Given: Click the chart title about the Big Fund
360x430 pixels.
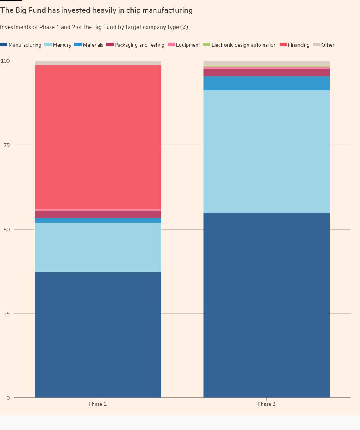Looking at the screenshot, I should [x=96, y=11].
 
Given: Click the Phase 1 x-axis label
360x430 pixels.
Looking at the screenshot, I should [x=98, y=404].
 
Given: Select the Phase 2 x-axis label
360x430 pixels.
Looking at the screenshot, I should [x=266, y=404].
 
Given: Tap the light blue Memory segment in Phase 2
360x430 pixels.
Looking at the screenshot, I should [x=266, y=151].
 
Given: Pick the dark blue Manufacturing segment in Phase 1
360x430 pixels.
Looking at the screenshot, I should [x=98, y=335].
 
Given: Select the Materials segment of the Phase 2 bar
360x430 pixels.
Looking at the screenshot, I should [x=266, y=83].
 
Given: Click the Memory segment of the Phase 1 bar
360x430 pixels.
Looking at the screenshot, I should [x=98, y=247].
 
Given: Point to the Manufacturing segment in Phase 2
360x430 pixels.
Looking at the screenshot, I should [x=266, y=305].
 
